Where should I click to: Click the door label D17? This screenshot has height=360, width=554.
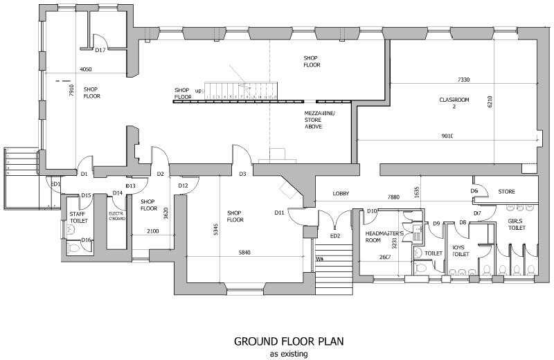[x=100, y=51]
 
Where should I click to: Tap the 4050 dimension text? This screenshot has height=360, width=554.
[x=87, y=69]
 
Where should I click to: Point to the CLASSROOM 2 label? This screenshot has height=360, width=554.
[x=454, y=104]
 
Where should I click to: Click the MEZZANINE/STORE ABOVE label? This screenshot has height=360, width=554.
[x=319, y=120]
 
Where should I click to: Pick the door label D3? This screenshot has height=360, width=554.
[x=243, y=174]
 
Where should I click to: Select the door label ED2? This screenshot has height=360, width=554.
[x=335, y=237]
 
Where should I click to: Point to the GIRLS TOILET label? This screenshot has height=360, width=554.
[x=517, y=224]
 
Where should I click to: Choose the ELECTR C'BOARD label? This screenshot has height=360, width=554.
[x=116, y=217]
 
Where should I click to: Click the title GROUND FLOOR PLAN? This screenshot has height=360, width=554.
[x=288, y=341]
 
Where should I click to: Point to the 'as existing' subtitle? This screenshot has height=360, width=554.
[x=288, y=353]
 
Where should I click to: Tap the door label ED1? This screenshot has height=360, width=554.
[x=55, y=184]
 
